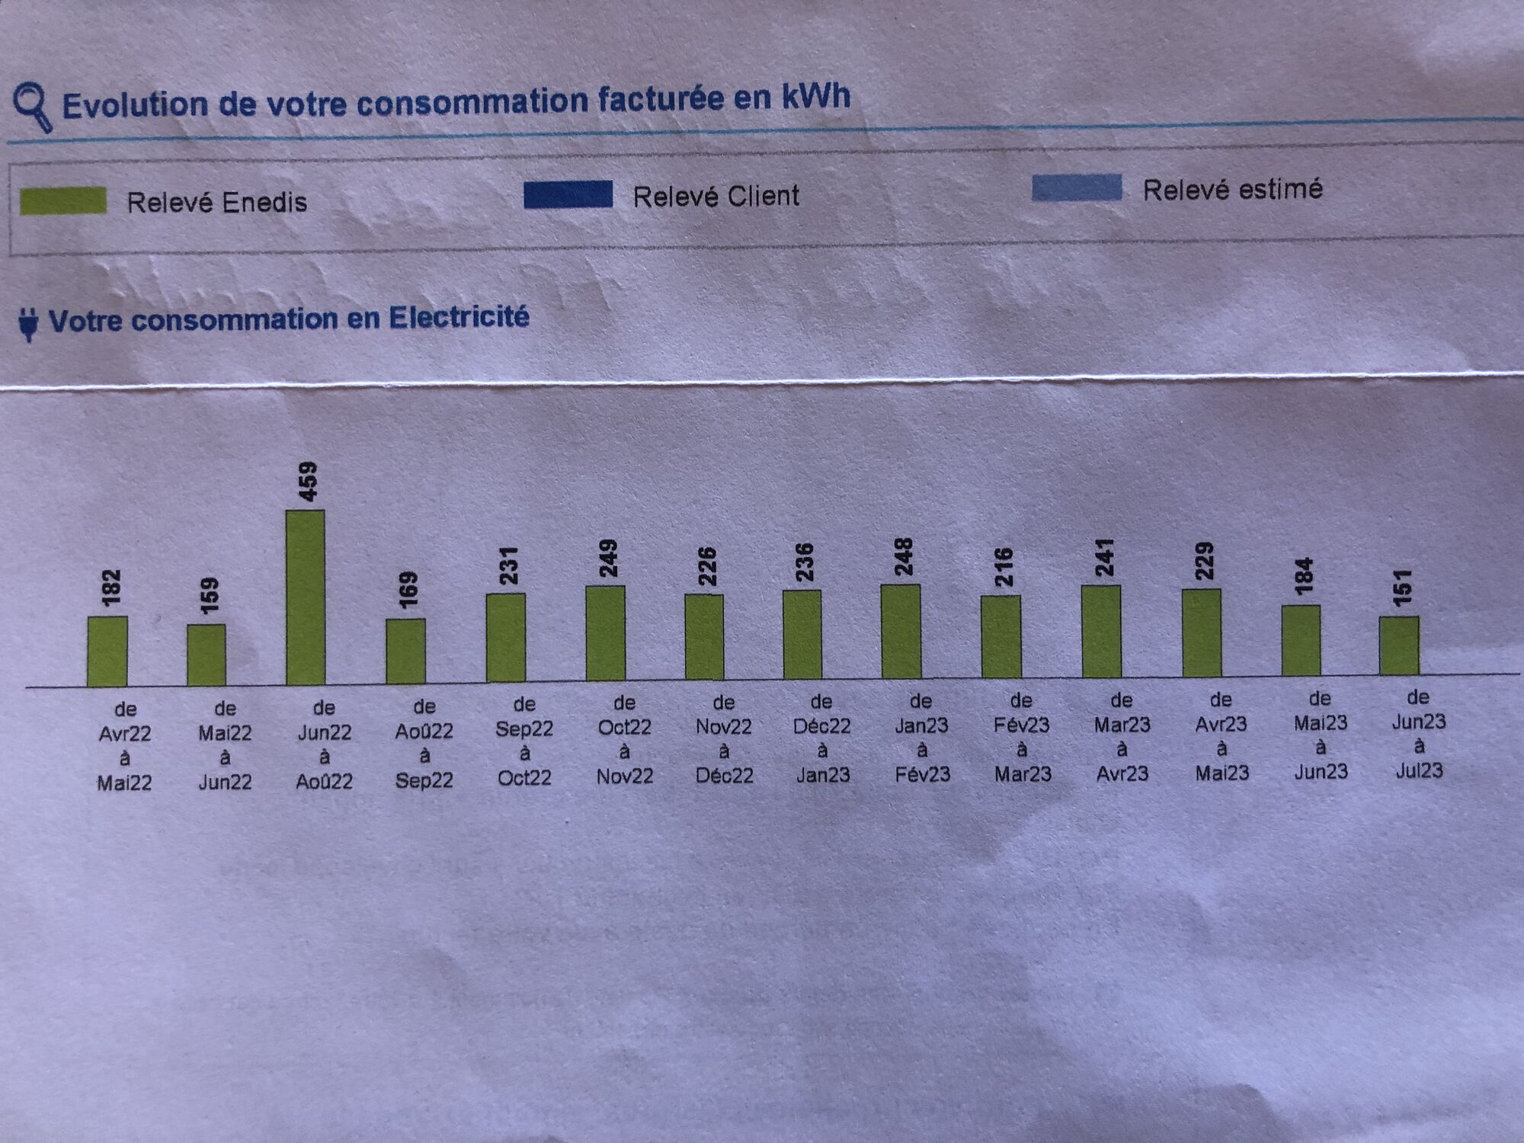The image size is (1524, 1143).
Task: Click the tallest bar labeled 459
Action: pyautogui.click(x=305, y=597)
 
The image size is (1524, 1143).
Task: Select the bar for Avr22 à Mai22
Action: pyautogui.click(x=107, y=652)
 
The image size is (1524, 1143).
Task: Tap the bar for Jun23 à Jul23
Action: pyautogui.click(x=1399, y=645)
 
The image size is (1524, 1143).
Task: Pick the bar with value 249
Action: pyautogui.click(x=605, y=632)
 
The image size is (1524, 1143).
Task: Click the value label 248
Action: pyautogui.click(x=904, y=557)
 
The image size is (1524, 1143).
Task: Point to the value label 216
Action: pyautogui.click(x=1004, y=567)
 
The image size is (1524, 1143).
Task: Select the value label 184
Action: pyautogui.click(x=1304, y=576)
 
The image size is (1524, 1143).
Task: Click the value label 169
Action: pyautogui.click(x=408, y=591)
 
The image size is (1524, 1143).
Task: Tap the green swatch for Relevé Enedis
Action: pyautogui.click(x=63, y=200)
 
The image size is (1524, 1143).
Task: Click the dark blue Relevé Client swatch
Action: pyautogui.click(x=568, y=194)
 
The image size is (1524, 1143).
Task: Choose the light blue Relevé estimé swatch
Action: pyautogui.click(x=1076, y=187)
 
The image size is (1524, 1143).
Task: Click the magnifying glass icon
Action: pyautogui.click(x=33, y=107)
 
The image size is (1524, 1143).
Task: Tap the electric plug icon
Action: pyautogui.click(x=28, y=324)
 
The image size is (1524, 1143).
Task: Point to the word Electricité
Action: pyautogui.click(x=459, y=317)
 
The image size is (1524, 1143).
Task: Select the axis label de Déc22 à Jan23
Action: pyautogui.click(x=821, y=738)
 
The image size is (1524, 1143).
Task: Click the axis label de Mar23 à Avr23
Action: pyautogui.click(x=1122, y=736)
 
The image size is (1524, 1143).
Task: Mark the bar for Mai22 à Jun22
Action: pyautogui.click(x=207, y=655)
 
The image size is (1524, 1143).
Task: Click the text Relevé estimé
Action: pyautogui.click(x=1232, y=189)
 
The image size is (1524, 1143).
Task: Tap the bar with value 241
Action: pyautogui.click(x=1101, y=631)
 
